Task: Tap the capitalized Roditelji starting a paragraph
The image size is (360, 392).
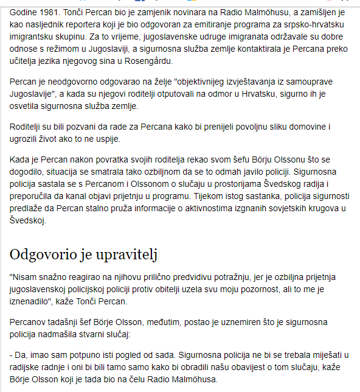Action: point(29,128)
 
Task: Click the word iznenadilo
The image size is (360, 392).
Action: point(35,300)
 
